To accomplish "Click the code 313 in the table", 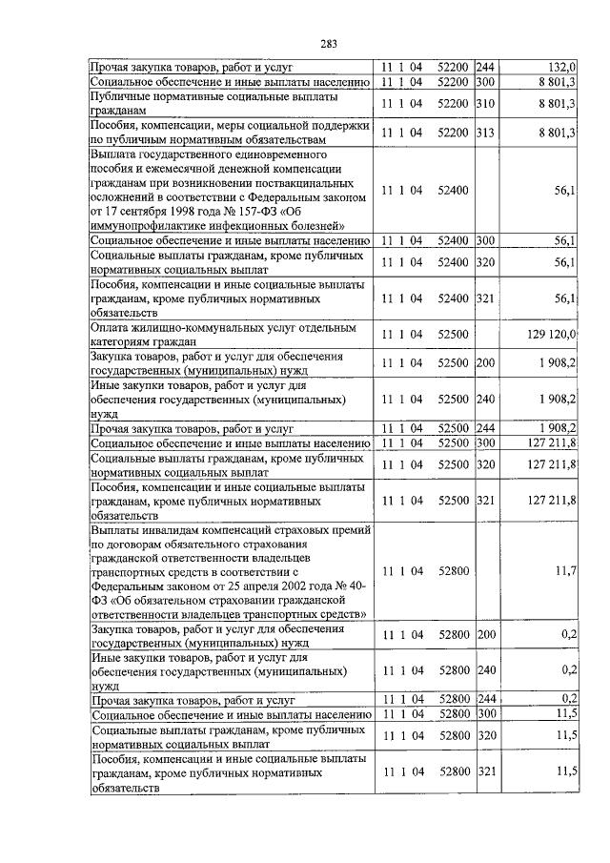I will coord(486,133).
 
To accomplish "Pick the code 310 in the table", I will coord(486,103).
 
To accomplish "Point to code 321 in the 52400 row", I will coord(486,298).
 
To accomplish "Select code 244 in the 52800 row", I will coord(486,700).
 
